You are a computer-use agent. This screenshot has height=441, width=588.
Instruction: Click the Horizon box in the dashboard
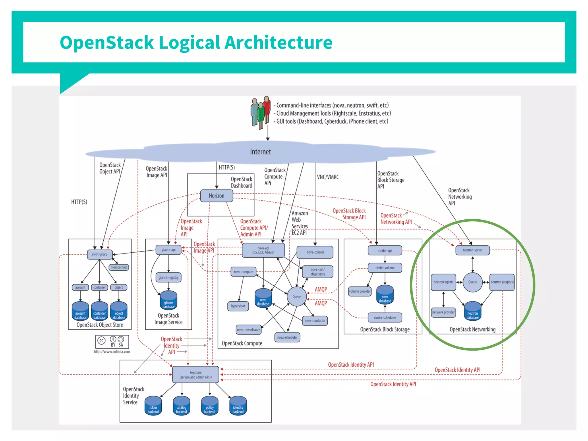point(216,196)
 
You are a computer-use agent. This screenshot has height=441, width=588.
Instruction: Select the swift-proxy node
point(99,254)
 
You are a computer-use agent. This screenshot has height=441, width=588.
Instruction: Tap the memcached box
point(119,267)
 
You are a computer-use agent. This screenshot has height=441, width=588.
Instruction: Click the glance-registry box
point(169,277)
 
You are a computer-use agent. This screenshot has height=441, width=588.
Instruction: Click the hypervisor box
point(238,306)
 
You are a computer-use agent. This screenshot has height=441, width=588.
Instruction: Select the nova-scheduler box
point(287,337)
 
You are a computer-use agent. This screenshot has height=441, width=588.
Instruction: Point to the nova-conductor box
point(315,321)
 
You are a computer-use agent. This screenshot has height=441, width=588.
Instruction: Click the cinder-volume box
point(385,268)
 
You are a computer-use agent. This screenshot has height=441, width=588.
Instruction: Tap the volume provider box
point(360,291)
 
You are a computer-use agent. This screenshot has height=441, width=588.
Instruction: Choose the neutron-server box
point(472,250)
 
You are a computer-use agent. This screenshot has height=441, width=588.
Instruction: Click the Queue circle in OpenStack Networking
point(473,282)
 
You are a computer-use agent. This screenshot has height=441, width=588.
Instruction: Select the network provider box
point(444,312)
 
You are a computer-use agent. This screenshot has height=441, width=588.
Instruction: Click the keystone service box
point(196,375)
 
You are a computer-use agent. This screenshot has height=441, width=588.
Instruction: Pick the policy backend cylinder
point(210,406)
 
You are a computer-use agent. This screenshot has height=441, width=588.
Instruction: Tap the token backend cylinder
point(153,406)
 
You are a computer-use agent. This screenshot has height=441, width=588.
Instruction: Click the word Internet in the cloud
point(260,152)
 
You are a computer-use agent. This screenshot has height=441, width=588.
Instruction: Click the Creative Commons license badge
point(112,342)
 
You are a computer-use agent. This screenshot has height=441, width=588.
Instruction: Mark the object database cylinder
point(119,312)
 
